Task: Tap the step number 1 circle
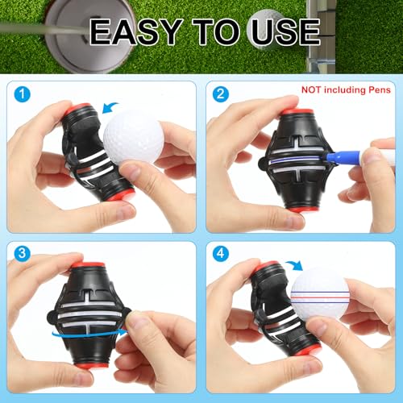point(23,93)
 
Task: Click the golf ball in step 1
point(133,136)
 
